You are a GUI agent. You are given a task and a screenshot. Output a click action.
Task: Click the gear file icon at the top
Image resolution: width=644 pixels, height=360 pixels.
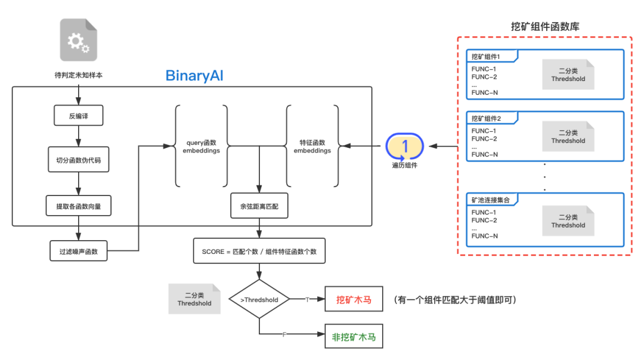tap(78, 40)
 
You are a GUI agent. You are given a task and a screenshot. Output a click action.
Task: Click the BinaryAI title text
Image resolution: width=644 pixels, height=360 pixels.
tap(194, 76)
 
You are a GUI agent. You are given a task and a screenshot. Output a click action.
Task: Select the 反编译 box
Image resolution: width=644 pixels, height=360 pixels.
tap(78, 116)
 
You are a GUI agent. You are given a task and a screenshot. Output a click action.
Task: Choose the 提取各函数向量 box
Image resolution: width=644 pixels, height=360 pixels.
tap(79, 206)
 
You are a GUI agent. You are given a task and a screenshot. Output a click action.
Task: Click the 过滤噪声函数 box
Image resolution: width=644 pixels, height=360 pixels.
tap(79, 252)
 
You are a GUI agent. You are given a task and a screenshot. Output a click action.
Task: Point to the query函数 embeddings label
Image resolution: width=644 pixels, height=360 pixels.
tap(202, 147)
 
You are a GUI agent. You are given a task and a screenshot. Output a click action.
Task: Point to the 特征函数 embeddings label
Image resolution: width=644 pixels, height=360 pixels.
tap(312, 147)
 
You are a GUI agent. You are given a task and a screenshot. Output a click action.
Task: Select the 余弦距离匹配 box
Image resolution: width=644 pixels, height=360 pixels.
tap(259, 206)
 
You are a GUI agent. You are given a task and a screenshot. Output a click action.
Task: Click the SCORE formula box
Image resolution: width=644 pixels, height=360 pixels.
tap(259, 252)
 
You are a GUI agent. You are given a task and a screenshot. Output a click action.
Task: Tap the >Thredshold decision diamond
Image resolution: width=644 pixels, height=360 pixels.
tap(259, 300)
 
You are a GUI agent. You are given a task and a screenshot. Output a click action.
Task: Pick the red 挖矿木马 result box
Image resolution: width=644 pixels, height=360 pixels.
tap(354, 300)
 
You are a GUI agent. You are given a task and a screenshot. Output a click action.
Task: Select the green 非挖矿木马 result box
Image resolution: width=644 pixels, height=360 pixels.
tap(354, 337)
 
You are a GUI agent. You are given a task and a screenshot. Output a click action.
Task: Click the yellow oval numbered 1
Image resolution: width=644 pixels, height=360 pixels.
tap(405, 145)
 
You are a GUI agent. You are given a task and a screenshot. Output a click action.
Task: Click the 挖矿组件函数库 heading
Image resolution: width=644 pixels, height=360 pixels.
tap(546, 26)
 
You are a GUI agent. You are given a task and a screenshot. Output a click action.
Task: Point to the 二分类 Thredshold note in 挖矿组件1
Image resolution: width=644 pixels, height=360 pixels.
tap(568, 75)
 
